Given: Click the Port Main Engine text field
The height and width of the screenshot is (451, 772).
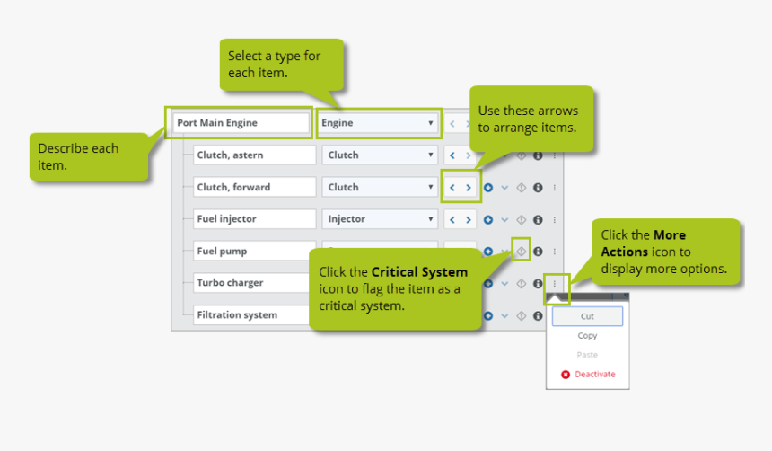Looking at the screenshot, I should point(238,122).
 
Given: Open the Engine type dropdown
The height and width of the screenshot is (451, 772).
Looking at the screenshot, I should point(378,123).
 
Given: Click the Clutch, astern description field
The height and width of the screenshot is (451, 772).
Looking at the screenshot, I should point(254,155).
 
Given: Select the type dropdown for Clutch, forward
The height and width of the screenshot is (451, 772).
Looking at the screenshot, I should point(379,187).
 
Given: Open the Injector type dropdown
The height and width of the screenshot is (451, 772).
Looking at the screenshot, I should point(379,219).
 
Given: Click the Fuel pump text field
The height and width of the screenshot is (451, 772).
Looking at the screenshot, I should point(254,252).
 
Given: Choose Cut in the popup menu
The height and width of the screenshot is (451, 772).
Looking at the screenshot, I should point(587,316).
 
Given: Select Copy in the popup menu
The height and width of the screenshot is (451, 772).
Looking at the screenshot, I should point(587,336).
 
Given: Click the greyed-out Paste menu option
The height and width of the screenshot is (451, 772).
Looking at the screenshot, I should point(587,355).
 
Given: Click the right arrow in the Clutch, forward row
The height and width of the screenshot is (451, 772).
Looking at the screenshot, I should point(469,188).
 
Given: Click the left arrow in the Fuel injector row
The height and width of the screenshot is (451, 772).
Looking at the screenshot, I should point(452,219).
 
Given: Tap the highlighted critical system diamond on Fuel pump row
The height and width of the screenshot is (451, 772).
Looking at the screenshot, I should point(521,252).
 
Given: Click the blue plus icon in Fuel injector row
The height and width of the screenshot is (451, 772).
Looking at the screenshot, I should point(488,219).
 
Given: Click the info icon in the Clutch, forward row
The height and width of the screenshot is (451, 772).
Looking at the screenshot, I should point(538,188).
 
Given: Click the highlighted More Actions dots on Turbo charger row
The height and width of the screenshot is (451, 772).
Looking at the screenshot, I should point(555,284).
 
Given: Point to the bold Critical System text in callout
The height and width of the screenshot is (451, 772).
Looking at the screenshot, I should point(419,271).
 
